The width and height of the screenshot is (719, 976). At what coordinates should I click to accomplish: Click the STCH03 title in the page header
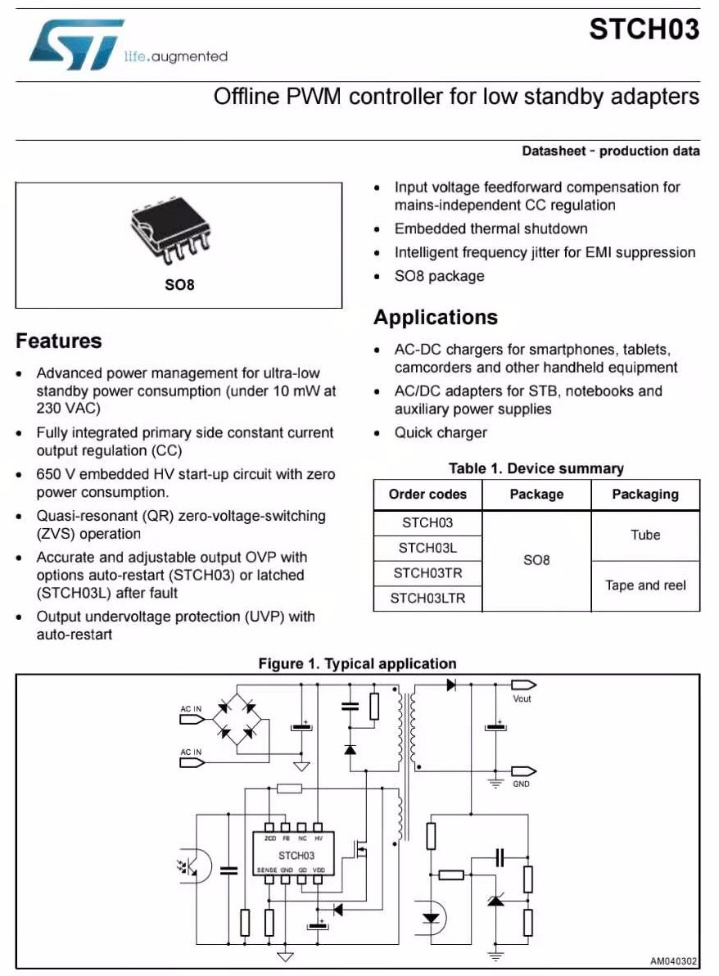point(644,29)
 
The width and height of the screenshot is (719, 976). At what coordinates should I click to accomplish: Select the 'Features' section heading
point(59,341)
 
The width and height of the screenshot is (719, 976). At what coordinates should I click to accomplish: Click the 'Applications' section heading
point(435,318)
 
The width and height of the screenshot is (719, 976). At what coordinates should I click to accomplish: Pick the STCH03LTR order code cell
point(427,599)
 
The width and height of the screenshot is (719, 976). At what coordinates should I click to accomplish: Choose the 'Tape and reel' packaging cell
point(645,585)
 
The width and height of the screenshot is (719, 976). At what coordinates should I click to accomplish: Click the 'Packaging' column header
point(645,495)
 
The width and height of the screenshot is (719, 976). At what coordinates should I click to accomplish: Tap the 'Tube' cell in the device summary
point(645,535)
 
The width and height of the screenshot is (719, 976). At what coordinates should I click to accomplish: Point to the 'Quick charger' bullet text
point(441,433)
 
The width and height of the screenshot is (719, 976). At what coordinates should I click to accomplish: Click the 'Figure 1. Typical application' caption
point(357,663)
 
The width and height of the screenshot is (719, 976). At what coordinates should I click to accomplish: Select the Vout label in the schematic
point(522,698)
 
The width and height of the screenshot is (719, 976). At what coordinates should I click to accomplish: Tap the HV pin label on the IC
point(319,839)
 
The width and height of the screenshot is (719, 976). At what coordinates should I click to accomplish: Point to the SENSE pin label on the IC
point(267,870)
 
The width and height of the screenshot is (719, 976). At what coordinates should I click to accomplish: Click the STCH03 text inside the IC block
point(296,855)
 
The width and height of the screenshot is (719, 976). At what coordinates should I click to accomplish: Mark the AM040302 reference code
point(673,961)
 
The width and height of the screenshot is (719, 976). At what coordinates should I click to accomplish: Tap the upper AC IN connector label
point(191,708)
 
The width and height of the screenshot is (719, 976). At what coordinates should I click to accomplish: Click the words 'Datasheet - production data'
point(610,151)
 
